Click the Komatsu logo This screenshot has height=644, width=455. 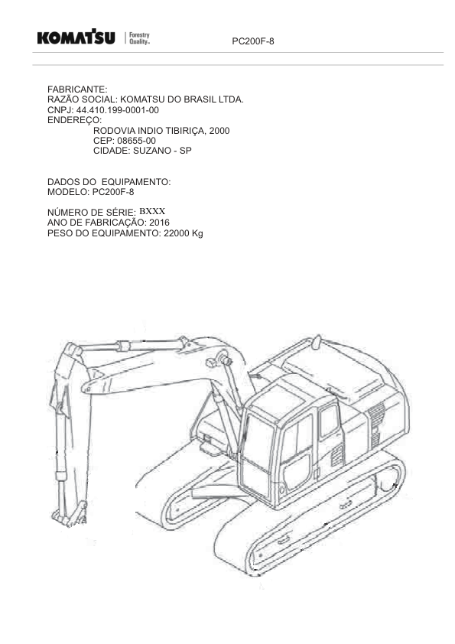pyautogui.click(x=76, y=37)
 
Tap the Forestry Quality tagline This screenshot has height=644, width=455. pyautogui.click(x=139, y=37)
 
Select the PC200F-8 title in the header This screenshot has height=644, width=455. pyautogui.click(x=253, y=41)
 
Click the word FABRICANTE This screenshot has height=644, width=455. pyautogui.click(x=77, y=89)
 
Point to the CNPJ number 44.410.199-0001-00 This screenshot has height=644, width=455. pyautogui.click(x=118, y=110)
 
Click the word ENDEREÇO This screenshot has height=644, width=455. pyautogui.click(x=74, y=120)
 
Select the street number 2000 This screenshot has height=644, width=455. pyautogui.click(x=219, y=131)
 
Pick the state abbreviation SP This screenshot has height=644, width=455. pyautogui.click(x=186, y=151)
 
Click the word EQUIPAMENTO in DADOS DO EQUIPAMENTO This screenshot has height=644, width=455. pyautogui.click(x=135, y=181)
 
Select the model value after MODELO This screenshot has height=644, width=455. pyautogui.click(x=113, y=192)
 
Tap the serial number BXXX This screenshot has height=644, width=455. pyautogui.click(x=152, y=212)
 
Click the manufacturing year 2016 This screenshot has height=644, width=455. pyautogui.click(x=159, y=223)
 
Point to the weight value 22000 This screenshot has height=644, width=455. pyautogui.click(x=177, y=233)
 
